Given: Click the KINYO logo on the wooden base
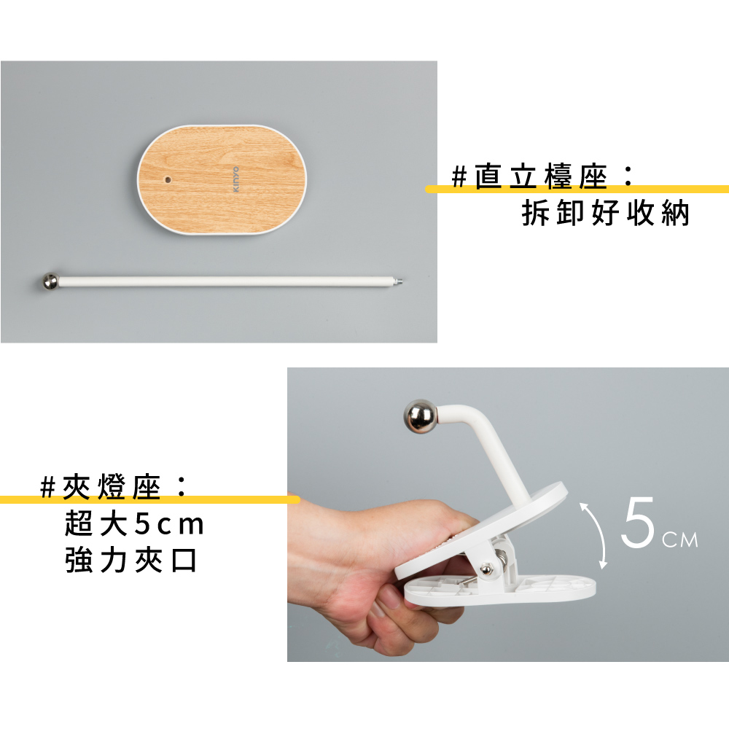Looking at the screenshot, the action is tap(235, 179).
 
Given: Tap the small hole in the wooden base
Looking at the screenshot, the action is tap(168, 179).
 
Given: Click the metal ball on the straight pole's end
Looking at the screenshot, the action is tap(50, 281).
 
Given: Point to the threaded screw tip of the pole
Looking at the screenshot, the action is tap(399, 281).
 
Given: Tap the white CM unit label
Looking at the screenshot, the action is tap(680, 539).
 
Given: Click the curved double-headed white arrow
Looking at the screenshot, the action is tap(599, 534).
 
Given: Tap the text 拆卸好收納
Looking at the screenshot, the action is tap(605, 214).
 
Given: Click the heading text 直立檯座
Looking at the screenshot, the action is tap(541, 176).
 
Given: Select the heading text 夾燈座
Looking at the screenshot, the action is tap(112, 487).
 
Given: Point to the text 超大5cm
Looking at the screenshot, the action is tap(134, 523).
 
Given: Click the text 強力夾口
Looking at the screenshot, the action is tap(130, 560).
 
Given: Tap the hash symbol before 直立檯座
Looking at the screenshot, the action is tap(459, 177).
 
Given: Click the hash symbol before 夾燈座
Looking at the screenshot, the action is tap(48, 488).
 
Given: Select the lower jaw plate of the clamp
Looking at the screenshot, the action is tap(500, 590).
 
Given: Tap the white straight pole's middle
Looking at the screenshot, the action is tap(226, 281).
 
